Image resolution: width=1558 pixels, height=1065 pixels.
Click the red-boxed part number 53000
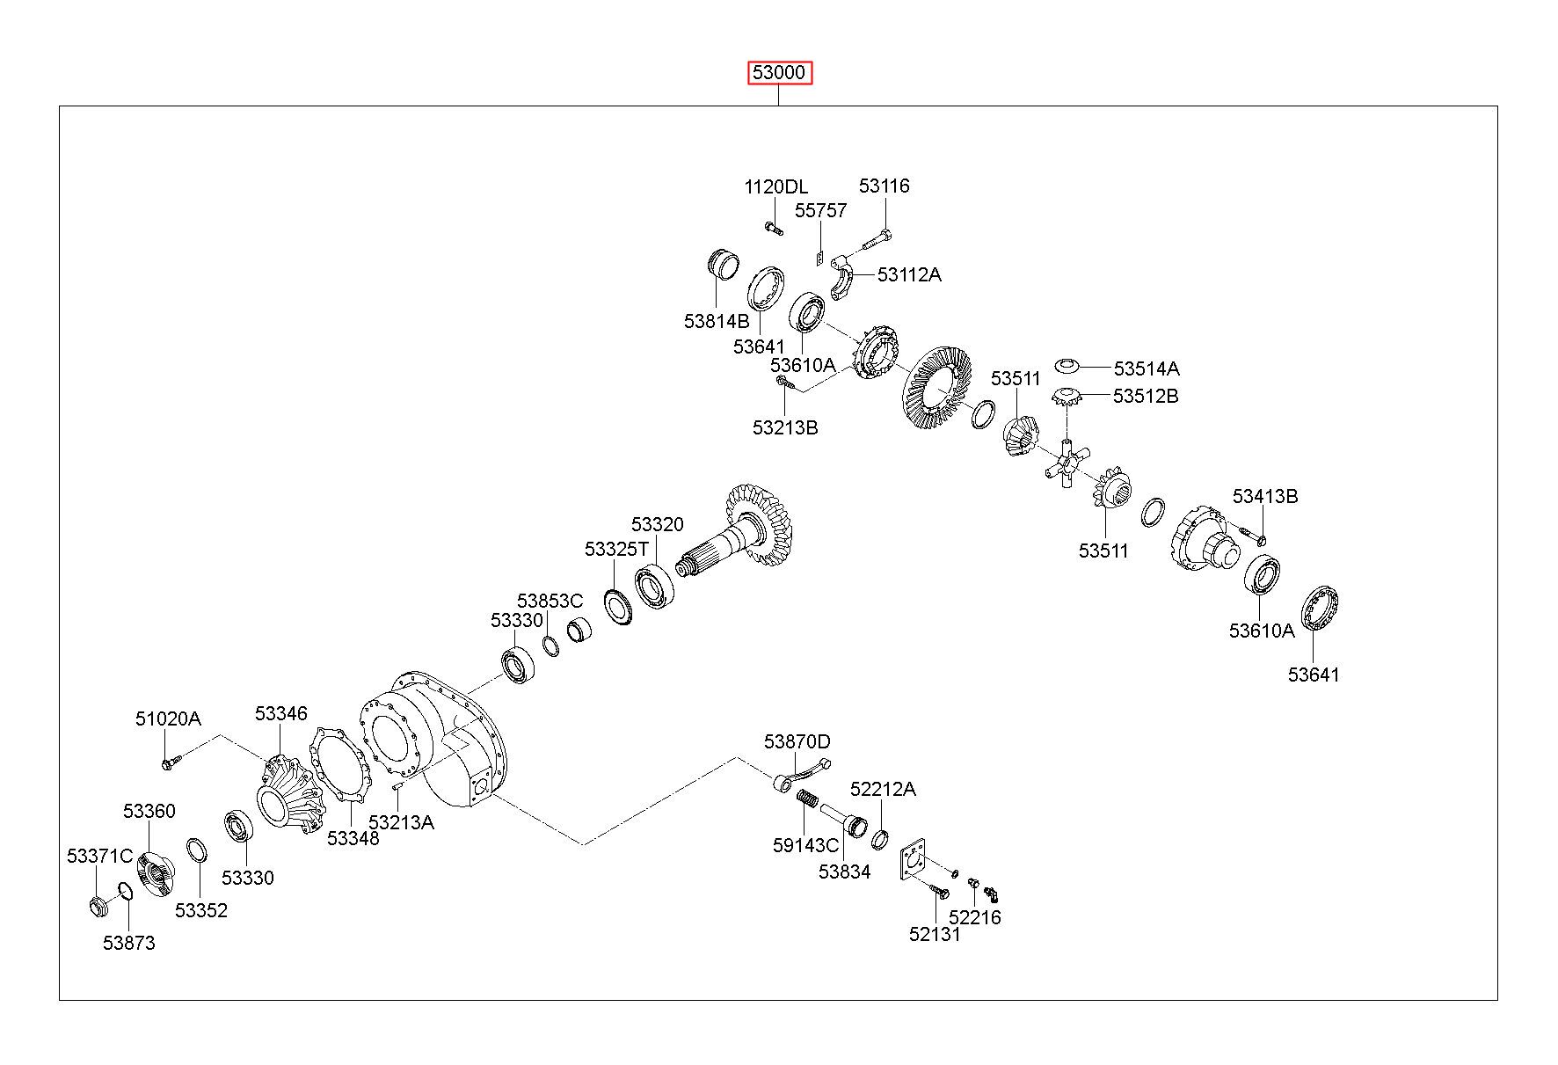pyautogui.click(x=779, y=72)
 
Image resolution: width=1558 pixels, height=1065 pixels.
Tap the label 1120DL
pyautogui.click(x=775, y=186)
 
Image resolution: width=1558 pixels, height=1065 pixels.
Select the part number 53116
pyautogui.click(x=884, y=186)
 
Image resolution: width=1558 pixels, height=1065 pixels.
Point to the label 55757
pyautogui.click(x=820, y=210)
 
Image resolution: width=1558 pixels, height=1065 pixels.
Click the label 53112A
pyautogui.click(x=908, y=274)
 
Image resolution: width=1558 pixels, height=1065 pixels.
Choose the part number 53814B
pyautogui.click(x=717, y=321)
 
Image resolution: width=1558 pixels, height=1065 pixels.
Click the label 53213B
pyautogui.click(x=785, y=427)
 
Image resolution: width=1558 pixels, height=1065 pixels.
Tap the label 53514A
pyautogui.click(x=1146, y=368)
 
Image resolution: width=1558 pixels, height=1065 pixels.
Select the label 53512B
pyautogui.click(x=1146, y=396)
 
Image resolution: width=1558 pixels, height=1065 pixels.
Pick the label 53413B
pyautogui.click(x=1264, y=496)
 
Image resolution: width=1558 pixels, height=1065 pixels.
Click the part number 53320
pyautogui.click(x=657, y=524)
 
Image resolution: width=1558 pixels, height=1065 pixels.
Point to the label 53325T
pyautogui.click(x=616, y=549)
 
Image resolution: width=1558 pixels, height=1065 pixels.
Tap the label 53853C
pyautogui.click(x=550, y=601)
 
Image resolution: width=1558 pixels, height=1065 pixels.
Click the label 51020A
pyautogui.click(x=168, y=719)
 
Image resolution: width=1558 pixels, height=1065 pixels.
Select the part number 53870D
pyautogui.click(x=797, y=741)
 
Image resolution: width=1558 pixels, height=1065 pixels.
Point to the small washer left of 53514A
pyautogui.click(x=1066, y=365)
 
